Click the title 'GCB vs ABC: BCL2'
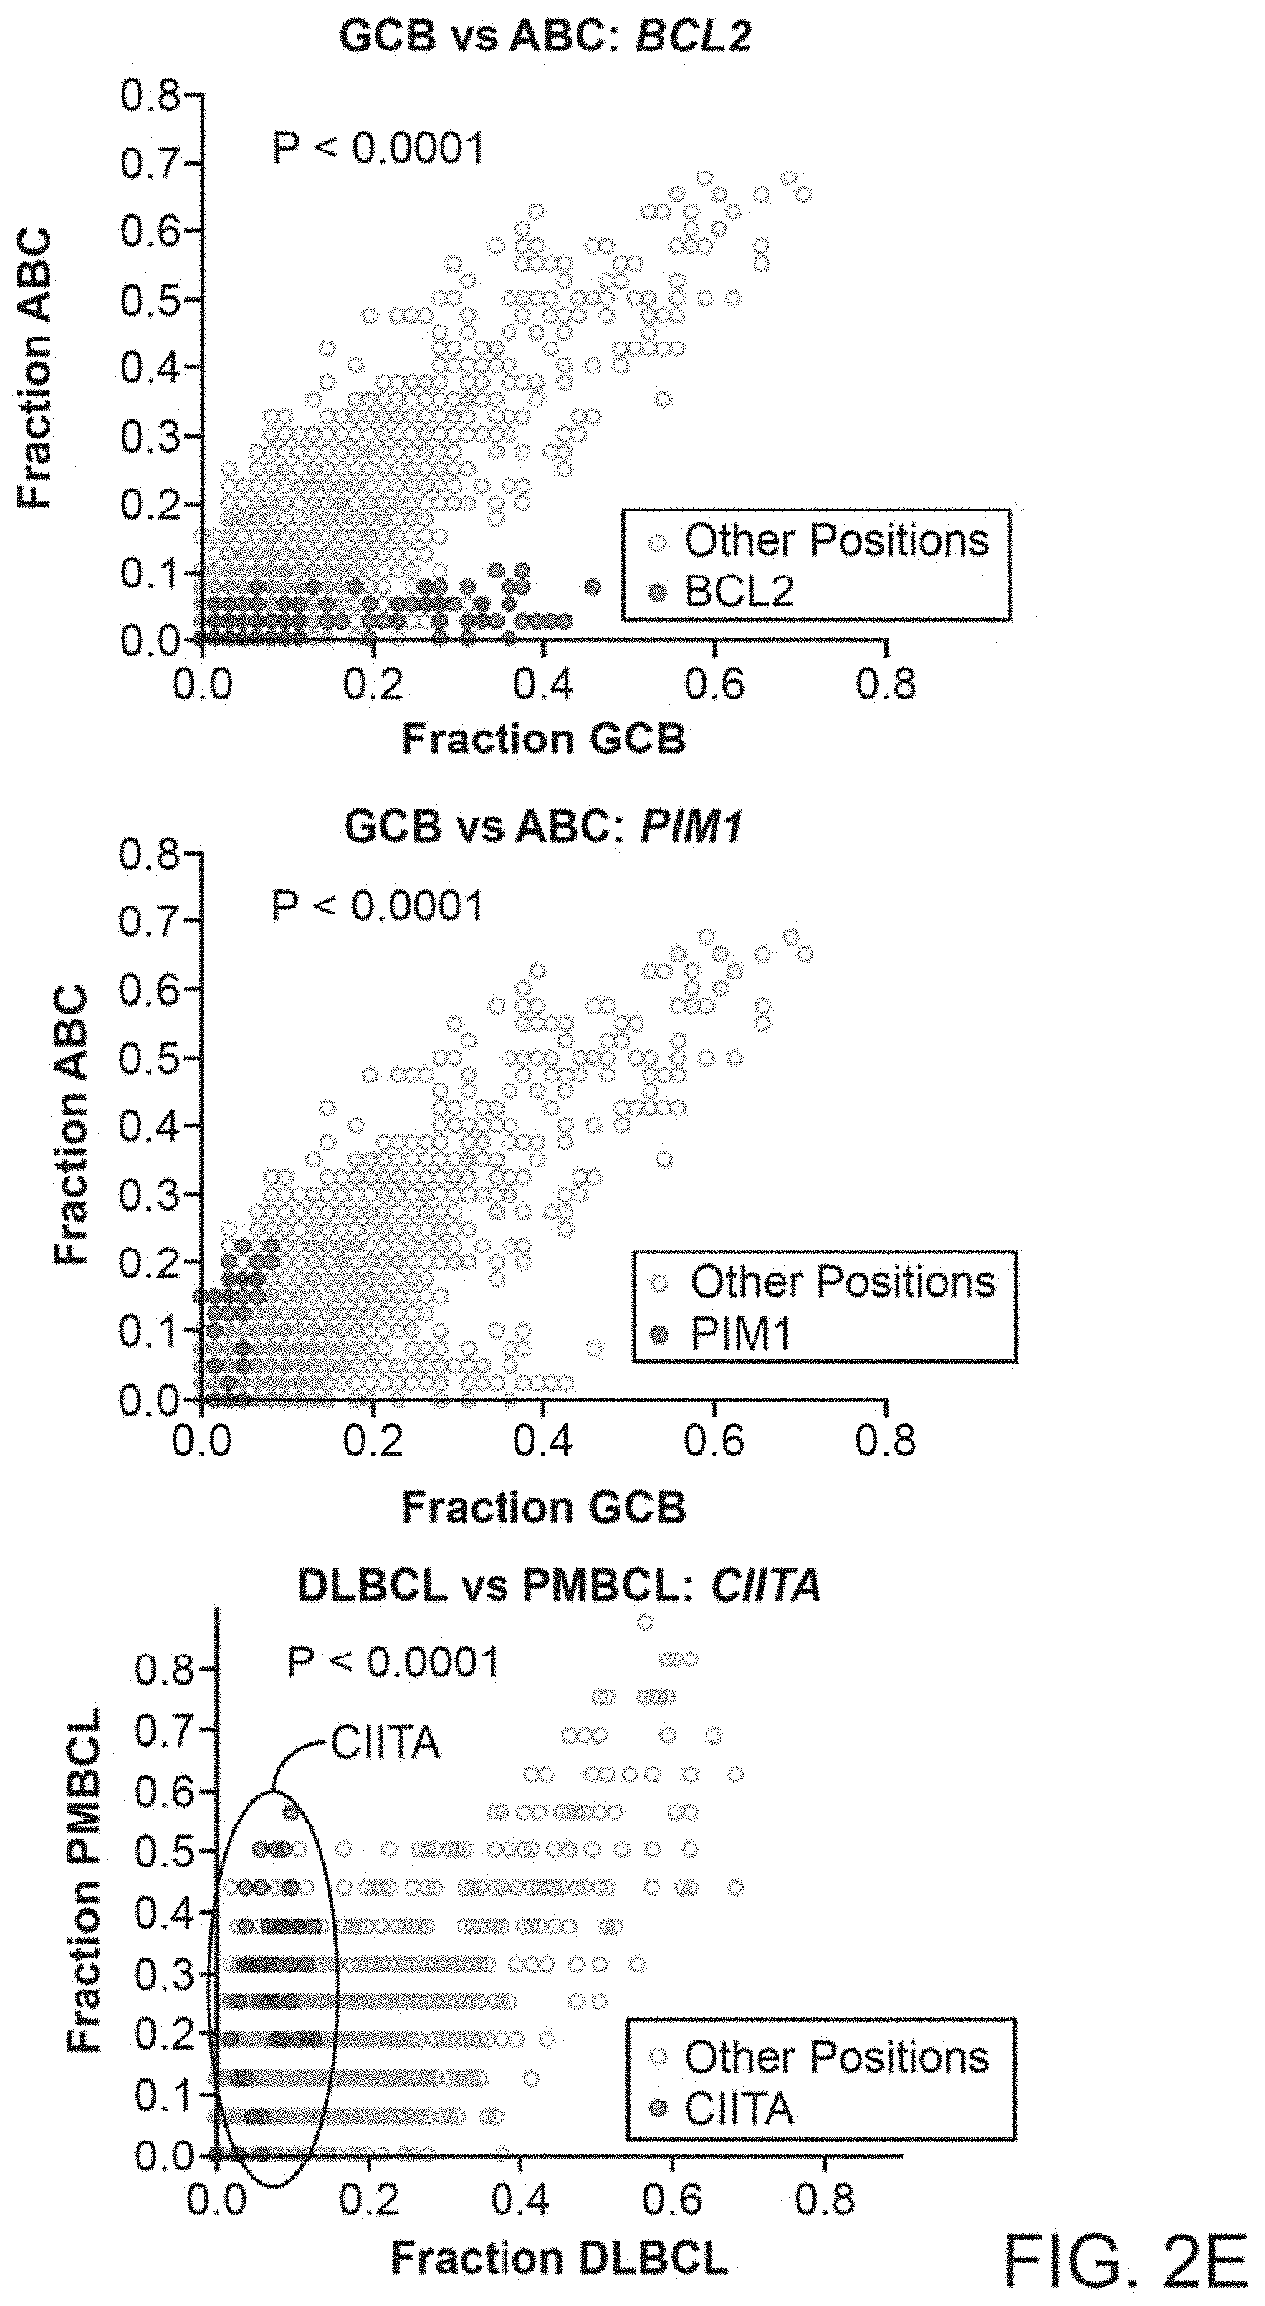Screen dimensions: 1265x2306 point(545,37)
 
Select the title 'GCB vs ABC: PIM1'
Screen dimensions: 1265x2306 point(544,827)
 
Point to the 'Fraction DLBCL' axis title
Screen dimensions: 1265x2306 point(558,2258)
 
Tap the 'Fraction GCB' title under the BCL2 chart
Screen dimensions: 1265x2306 point(544,739)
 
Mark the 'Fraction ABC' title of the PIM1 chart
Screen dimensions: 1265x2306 point(72,1125)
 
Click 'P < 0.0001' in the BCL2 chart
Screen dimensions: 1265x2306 point(378,146)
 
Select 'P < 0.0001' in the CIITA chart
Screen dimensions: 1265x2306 point(393,1662)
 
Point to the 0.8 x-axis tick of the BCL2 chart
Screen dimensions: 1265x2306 point(885,685)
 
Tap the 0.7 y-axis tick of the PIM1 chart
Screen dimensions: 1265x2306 point(151,922)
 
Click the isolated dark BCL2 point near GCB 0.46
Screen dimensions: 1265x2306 point(592,587)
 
